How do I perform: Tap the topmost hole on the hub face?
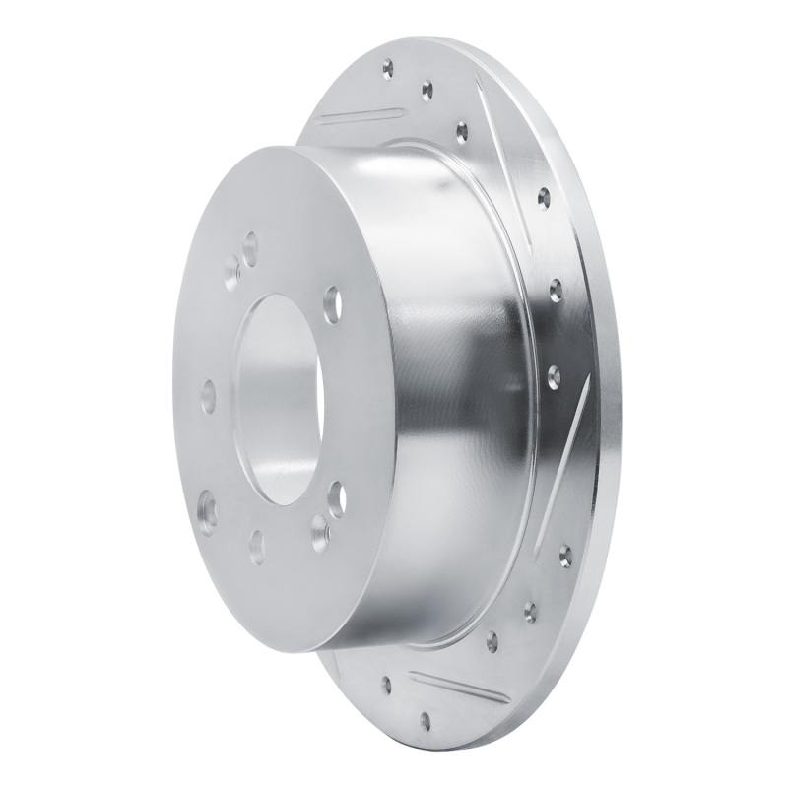[x=250, y=240]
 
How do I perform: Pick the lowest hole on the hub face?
[x=257, y=541]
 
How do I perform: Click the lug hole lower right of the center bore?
[x=336, y=492]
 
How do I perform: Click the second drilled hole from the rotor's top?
[x=427, y=90]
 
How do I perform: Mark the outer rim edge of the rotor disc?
[x=616, y=394]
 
